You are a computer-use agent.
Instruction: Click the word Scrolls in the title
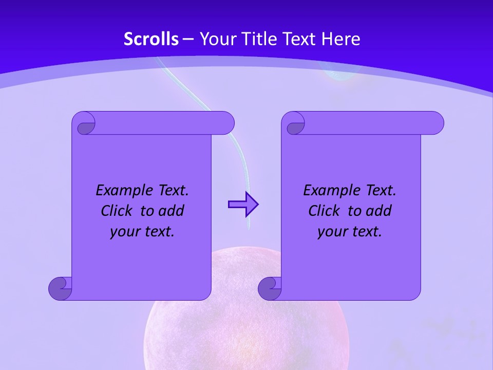pyautogui.click(x=151, y=39)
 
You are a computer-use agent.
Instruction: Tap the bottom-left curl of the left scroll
pyautogui.click(x=60, y=288)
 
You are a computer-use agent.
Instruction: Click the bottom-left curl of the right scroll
pyautogui.click(x=270, y=288)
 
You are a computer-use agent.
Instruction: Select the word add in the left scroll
pyautogui.click(x=171, y=211)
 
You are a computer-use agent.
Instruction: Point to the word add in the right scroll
pyautogui.click(x=378, y=211)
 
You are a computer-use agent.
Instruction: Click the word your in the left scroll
pyautogui.click(x=125, y=232)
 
